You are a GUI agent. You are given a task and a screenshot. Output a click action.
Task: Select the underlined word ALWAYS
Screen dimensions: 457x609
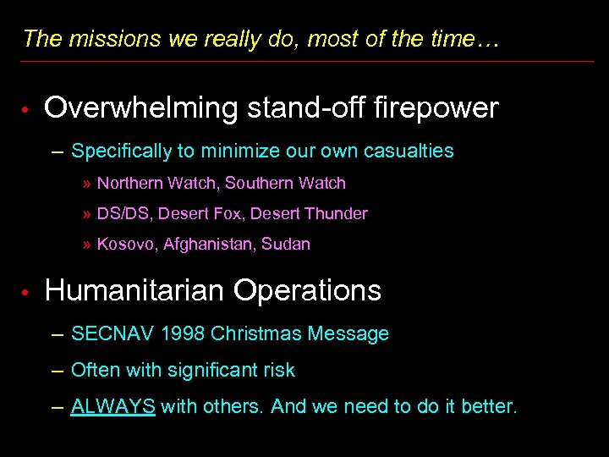[x=113, y=406]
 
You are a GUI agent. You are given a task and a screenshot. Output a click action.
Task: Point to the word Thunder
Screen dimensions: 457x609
[x=337, y=214]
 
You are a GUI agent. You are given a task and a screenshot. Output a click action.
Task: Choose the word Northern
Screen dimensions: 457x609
[x=129, y=184]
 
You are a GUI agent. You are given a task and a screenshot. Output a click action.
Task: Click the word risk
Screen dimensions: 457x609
[x=278, y=370]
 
